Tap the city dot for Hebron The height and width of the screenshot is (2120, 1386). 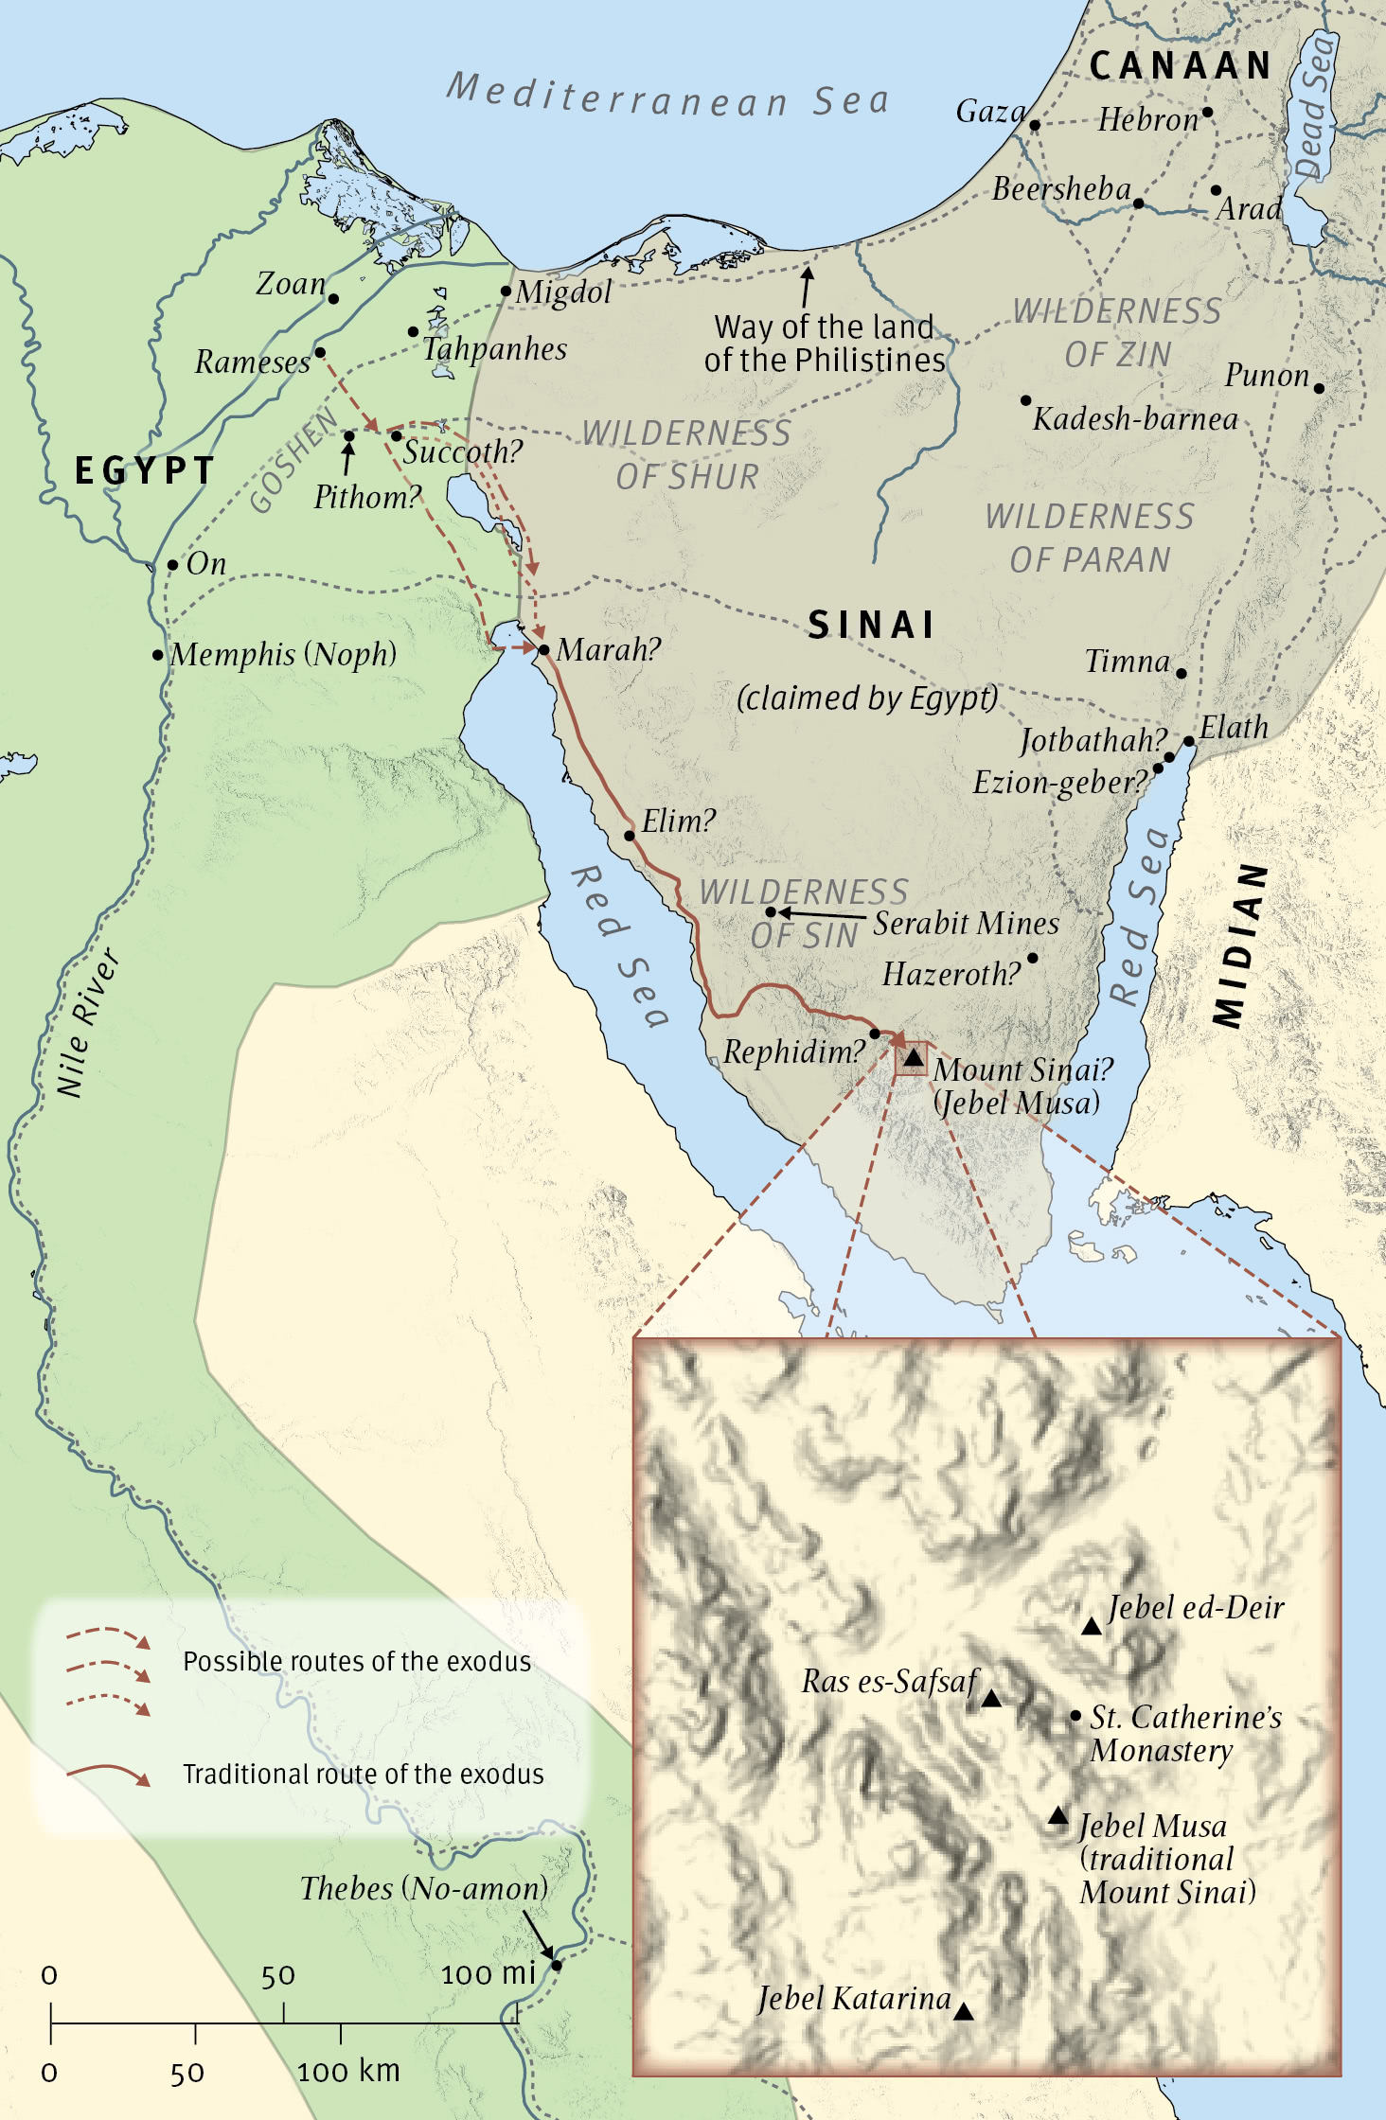1207,113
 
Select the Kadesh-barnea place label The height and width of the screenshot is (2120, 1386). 1135,418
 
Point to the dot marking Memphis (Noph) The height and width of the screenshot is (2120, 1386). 158,655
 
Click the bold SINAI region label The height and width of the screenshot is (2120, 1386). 871,626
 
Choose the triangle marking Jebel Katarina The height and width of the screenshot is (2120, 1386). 963,2011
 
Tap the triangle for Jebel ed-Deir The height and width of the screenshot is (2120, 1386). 1092,1626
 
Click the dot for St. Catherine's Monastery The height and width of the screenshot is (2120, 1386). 1075,1716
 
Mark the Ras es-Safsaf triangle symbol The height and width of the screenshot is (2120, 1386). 991,1699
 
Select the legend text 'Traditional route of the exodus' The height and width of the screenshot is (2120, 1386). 363,1774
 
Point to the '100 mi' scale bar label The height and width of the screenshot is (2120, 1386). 489,1973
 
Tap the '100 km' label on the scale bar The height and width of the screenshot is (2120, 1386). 348,2071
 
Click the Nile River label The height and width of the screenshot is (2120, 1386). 87,1023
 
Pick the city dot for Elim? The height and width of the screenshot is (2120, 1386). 630,836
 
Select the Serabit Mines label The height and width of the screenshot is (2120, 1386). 966,924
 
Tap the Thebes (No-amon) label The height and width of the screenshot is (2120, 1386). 424,1888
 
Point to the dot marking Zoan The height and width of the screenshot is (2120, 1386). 333,299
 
